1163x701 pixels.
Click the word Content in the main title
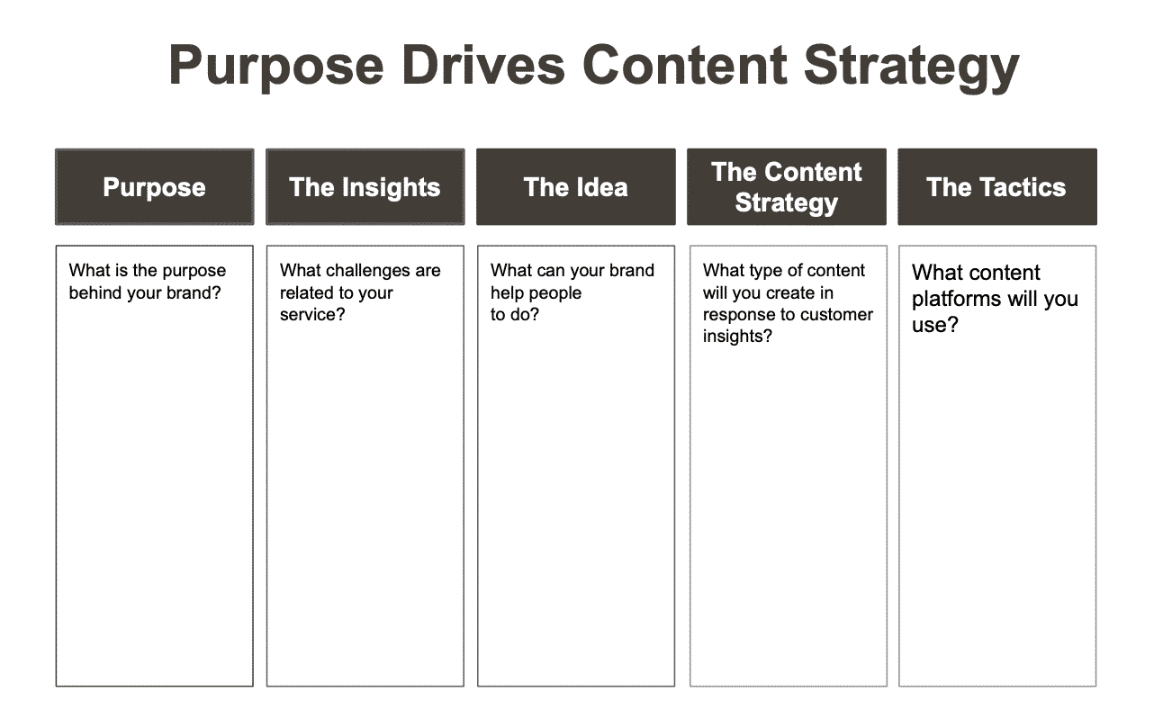tap(685, 66)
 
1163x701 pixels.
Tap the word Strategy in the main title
tap(912, 68)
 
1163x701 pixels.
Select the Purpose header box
tap(155, 187)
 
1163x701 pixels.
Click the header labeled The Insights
tap(365, 187)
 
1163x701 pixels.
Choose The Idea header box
tap(576, 187)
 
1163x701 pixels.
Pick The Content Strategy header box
tap(787, 187)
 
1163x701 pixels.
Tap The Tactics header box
tap(997, 187)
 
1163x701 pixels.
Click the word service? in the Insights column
tap(312, 314)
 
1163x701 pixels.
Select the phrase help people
tap(536, 293)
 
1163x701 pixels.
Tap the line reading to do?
tap(515, 314)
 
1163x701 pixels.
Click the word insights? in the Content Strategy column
tap(737, 337)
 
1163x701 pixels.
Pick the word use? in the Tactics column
tap(935, 326)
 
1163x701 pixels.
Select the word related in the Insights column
tap(303, 292)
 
